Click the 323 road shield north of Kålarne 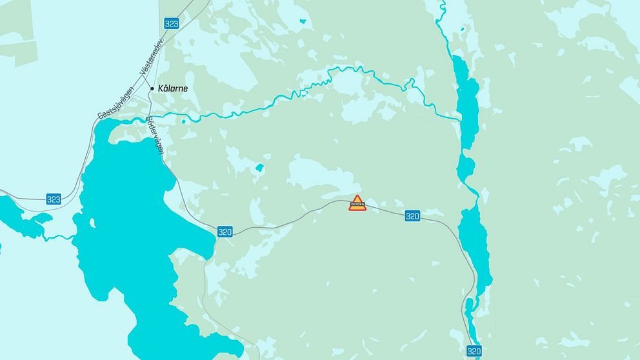[x=171, y=23]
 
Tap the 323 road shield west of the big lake [x=54, y=199]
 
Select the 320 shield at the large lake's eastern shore [x=225, y=231]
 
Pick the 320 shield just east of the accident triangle [x=412, y=215]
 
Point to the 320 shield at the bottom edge [x=474, y=351]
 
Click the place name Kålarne [x=173, y=88]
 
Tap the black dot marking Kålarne [x=152, y=88]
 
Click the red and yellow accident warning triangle [x=357, y=203]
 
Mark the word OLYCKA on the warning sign [x=357, y=206]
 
